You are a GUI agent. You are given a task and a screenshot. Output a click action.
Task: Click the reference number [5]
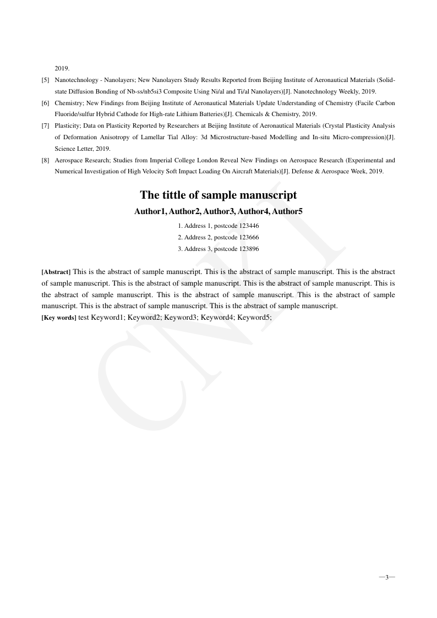(x=46, y=80)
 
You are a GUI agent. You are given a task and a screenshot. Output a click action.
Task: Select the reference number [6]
(x=46, y=103)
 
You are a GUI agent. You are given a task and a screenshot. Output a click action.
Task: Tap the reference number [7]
(x=46, y=126)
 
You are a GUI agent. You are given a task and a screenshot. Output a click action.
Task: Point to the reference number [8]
(x=46, y=160)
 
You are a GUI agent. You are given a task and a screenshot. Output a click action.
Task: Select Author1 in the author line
(x=150, y=211)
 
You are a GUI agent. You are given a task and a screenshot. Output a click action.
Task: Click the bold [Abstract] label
(x=56, y=272)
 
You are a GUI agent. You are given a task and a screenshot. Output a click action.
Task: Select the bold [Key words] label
(x=59, y=318)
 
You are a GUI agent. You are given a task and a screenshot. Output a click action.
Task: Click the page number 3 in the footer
(x=387, y=577)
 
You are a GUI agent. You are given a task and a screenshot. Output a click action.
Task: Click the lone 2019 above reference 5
(x=62, y=69)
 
